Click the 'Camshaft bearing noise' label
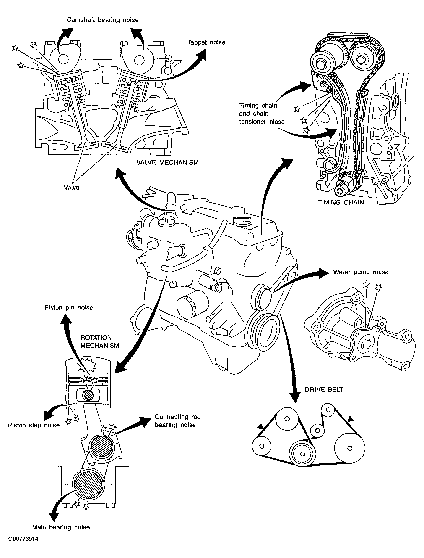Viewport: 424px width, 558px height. point(102,20)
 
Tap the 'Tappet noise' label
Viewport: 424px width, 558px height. point(206,42)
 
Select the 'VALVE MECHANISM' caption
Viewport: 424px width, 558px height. point(168,162)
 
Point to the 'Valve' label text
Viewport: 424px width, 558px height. point(71,187)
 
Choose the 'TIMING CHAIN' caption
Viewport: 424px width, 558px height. point(341,202)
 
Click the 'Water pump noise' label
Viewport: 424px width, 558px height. point(361,272)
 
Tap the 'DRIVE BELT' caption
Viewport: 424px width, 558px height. point(324,389)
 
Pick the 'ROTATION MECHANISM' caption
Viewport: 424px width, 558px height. point(100,341)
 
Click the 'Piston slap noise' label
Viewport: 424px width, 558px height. point(34,425)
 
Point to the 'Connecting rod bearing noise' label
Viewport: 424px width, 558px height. point(178,420)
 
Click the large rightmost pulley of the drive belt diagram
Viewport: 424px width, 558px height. point(350,448)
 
